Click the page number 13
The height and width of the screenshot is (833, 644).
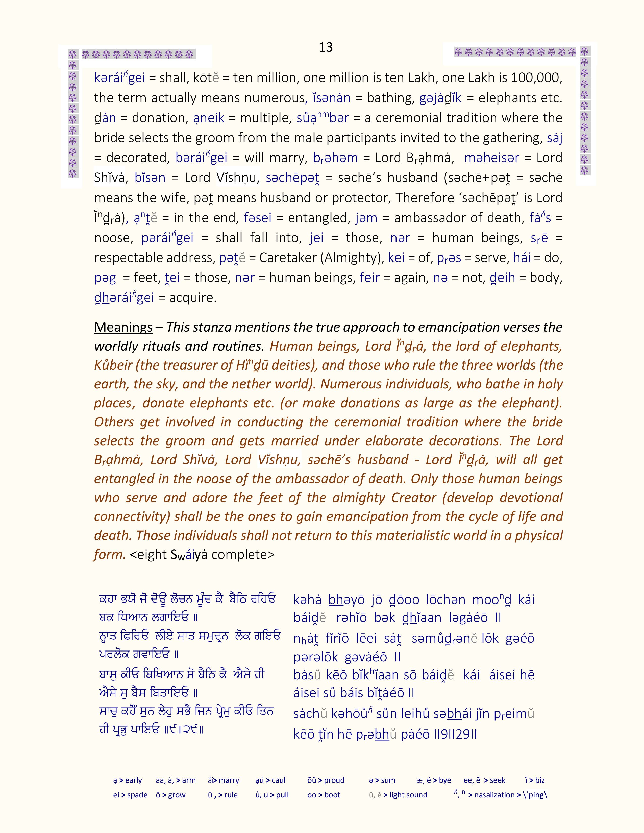[x=326, y=47]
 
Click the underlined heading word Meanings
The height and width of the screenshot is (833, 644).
[x=123, y=327]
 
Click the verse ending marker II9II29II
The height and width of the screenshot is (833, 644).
[x=455, y=734]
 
